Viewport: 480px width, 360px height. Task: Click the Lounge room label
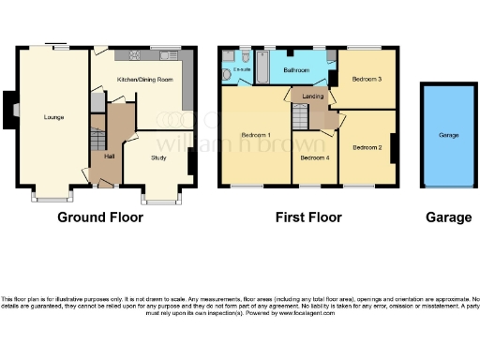[52, 117]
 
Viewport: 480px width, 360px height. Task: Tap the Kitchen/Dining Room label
[144, 81]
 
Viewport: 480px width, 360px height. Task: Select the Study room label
[158, 157]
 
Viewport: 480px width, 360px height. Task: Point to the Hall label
[110, 157]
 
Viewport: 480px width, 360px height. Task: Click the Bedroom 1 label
[255, 135]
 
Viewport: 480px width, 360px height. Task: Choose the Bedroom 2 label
[367, 148]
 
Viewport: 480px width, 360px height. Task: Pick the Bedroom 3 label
[367, 80]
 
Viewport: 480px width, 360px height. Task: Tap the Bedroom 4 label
[314, 157]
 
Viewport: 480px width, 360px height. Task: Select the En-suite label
[241, 69]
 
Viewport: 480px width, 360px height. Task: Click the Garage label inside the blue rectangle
[448, 135]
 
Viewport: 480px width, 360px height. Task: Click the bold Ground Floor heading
[100, 217]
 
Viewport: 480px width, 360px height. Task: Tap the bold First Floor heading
[307, 217]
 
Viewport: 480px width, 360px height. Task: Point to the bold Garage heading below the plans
[448, 217]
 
